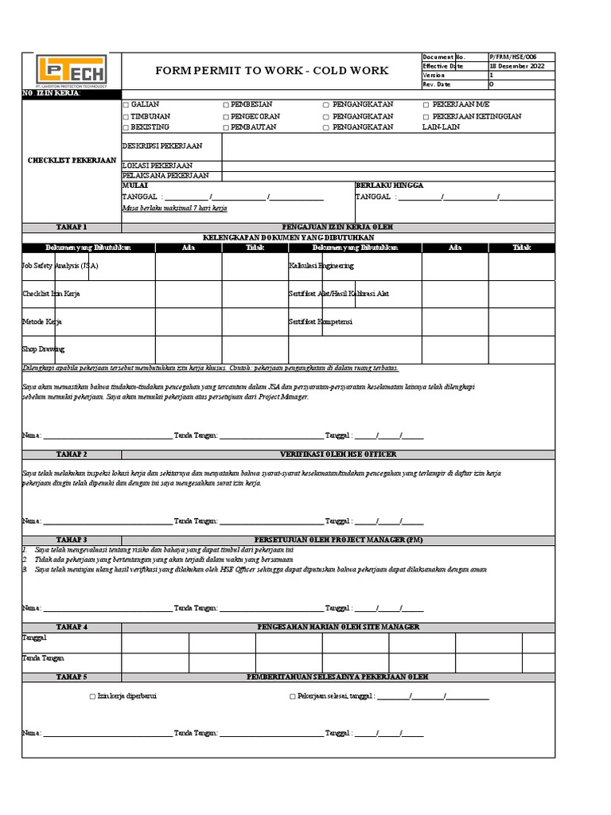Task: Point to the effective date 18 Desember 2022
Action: (517, 66)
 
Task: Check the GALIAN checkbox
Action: (125, 105)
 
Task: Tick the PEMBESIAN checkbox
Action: (226, 105)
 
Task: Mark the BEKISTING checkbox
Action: (125, 127)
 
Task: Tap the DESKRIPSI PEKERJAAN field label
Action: (162, 146)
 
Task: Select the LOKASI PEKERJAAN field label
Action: (158, 165)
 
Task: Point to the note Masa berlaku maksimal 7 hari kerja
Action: (175, 207)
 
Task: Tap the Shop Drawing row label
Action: (44, 349)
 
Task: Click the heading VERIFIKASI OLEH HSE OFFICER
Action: (337, 454)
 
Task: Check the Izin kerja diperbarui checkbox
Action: (92, 696)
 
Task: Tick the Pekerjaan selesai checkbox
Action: (292, 696)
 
